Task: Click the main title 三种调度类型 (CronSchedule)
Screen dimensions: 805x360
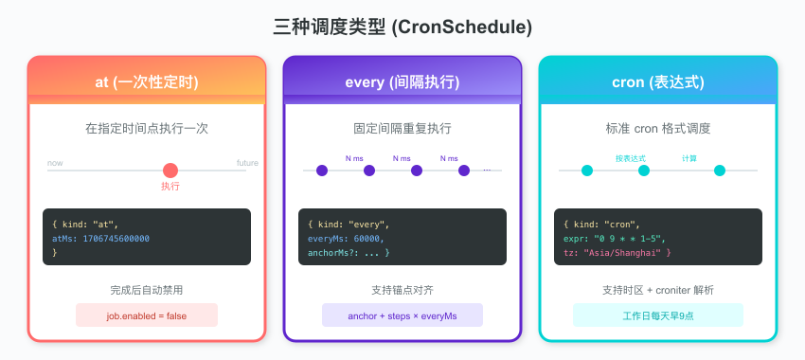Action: (402, 27)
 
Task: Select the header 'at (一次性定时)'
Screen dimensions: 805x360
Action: (147, 82)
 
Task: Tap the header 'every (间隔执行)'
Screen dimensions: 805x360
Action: (402, 82)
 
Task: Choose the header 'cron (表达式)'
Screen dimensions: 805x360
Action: (657, 82)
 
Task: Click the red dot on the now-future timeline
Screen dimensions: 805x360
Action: (170, 171)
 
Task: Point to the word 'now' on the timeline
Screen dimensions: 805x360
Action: (55, 163)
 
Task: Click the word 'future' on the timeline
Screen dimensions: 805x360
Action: (247, 163)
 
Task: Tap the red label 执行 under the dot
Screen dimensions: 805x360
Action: (170, 187)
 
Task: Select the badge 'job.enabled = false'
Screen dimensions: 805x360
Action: (147, 315)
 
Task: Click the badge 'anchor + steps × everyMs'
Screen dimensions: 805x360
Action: (402, 315)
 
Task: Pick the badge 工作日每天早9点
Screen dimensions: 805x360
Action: (658, 315)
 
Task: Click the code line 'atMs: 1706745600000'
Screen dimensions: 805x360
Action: (100, 239)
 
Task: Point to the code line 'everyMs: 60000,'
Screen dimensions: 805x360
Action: (346, 239)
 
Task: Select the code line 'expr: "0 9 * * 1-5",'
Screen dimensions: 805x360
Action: (615, 239)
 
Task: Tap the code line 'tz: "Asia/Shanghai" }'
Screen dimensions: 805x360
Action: (617, 253)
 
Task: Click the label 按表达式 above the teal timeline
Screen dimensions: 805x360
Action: (631, 158)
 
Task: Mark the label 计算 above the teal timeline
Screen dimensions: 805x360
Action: (689, 158)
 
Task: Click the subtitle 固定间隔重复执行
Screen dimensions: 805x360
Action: (402, 129)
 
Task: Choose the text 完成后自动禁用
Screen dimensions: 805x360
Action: (147, 290)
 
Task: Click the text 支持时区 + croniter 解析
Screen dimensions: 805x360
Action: (657, 290)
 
